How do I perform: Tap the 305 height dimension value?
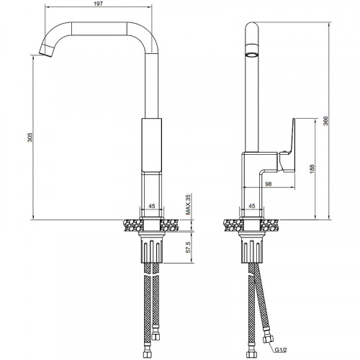pyautogui.click(x=30, y=137)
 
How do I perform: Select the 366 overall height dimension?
pyautogui.click(x=325, y=121)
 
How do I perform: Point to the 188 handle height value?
pyautogui.click(x=312, y=169)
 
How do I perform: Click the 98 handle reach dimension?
pyautogui.click(x=269, y=184)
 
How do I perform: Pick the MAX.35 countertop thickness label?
pyautogui.click(x=188, y=204)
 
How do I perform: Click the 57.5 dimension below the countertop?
pyautogui.click(x=189, y=247)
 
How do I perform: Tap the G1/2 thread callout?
pyautogui.click(x=281, y=350)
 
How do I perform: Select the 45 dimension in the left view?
pyautogui.click(x=152, y=206)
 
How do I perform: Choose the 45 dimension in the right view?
pyautogui.click(x=252, y=206)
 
